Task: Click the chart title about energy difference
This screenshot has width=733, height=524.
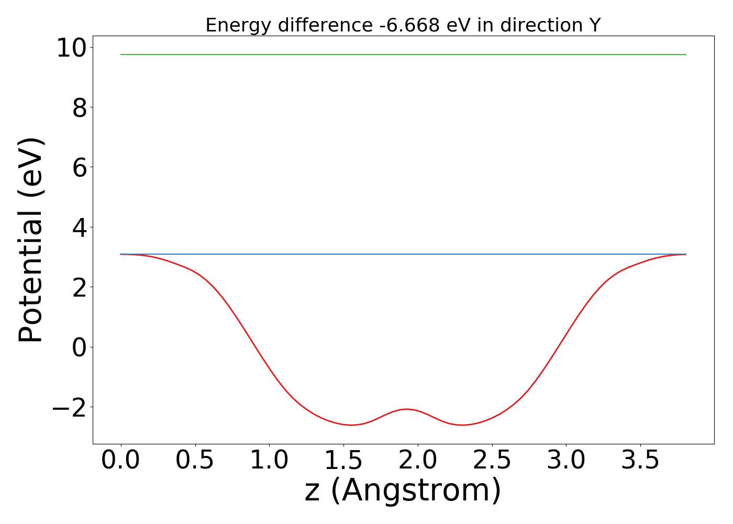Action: tap(403, 25)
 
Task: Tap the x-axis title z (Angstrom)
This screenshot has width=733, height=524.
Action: tap(403, 490)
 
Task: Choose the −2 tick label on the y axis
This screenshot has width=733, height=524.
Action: tap(70, 408)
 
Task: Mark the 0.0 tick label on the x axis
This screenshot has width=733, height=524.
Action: tap(121, 461)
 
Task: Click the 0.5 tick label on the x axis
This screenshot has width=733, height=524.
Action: tap(195, 461)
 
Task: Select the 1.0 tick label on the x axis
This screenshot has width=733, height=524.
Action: tap(269, 461)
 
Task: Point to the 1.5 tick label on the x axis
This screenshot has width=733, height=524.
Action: tap(343, 461)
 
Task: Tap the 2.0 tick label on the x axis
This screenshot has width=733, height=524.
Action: tap(417, 461)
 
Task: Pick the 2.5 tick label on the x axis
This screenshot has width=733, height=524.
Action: tap(492, 461)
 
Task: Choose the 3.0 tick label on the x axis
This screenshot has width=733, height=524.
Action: tap(566, 461)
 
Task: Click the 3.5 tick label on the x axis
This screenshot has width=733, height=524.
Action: tap(640, 461)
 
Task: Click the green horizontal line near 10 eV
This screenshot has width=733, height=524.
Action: tap(403, 54)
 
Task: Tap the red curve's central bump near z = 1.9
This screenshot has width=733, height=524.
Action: tap(406, 409)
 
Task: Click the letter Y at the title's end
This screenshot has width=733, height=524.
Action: tap(594, 25)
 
